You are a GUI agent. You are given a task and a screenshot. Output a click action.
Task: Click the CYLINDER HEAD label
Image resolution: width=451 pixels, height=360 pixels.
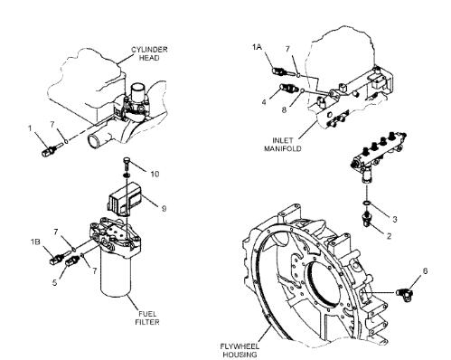click(x=149, y=53)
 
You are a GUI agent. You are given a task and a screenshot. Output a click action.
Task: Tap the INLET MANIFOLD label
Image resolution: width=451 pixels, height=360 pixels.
click(x=283, y=145)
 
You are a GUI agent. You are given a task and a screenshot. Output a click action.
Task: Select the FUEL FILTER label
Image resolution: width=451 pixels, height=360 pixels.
click(x=147, y=317)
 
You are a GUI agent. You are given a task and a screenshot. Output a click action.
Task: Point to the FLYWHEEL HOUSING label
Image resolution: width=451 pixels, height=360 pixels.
click(x=240, y=350)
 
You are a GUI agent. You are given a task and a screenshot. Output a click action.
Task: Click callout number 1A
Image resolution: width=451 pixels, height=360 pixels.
click(x=257, y=47)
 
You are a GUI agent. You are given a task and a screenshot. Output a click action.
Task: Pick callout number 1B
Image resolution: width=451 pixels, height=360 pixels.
click(x=35, y=242)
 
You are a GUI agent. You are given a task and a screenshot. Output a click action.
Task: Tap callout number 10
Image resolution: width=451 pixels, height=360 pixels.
click(x=155, y=174)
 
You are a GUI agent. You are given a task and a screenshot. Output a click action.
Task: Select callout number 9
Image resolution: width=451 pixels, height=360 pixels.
click(x=164, y=208)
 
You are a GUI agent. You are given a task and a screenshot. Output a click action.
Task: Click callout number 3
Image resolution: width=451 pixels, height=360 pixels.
click(x=395, y=219)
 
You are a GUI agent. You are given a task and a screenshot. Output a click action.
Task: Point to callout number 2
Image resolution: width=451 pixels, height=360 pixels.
click(x=389, y=235)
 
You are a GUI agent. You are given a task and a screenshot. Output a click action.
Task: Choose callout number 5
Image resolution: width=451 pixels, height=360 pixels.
click(x=54, y=282)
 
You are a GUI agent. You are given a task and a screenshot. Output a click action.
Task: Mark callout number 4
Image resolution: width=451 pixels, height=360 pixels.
click(x=264, y=102)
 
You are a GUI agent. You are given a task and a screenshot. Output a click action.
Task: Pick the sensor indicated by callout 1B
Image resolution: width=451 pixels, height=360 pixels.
click(x=57, y=259)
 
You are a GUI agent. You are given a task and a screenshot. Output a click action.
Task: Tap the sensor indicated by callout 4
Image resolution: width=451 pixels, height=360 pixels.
click(x=287, y=89)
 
